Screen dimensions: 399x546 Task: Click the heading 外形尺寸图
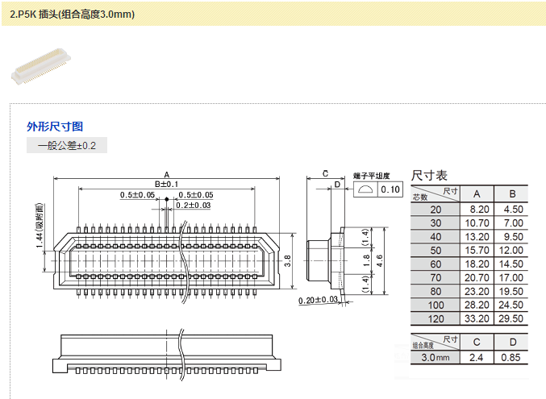pyautogui.click(x=55, y=127)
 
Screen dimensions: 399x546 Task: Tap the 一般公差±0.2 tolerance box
pyautogui.click(x=66, y=146)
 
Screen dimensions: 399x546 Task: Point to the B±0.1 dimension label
pyautogui.click(x=166, y=185)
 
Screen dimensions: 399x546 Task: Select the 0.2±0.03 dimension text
pyautogui.click(x=194, y=206)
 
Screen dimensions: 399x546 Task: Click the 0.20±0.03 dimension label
pyautogui.click(x=318, y=300)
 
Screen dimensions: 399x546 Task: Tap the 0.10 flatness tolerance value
pyautogui.click(x=390, y=189)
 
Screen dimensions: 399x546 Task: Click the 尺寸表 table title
pyautogui.click(x=429, y=175)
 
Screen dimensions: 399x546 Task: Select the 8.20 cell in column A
pyautogui.click(x=476, y=209)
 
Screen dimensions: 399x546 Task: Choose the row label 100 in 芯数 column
pyautogui.click(x=436, y=305)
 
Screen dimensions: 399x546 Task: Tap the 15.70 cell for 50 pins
pyautogui.click(x=476, y=250)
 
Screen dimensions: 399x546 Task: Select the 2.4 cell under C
pyautogui.click(x=476, y=356)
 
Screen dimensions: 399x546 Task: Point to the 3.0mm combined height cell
pyautogui.click(x=435, y=356)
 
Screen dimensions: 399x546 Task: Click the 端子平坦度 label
pyautogui.click(x=372, y=175)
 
